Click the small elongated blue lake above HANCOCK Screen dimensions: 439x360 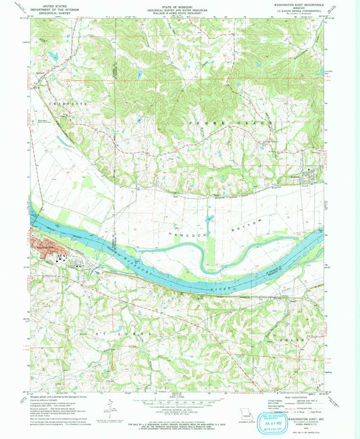click(208, 220)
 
